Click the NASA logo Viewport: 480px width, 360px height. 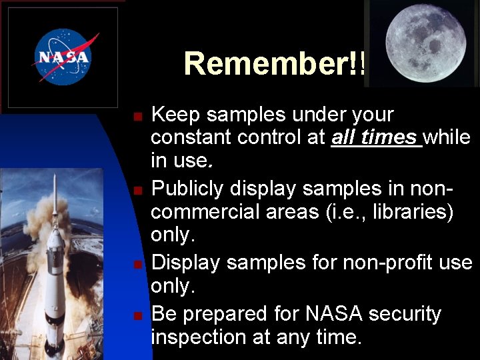[x=63, y=57]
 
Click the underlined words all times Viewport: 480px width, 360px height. [x=375, y=138]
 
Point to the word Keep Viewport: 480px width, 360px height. [x=176, y=115]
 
